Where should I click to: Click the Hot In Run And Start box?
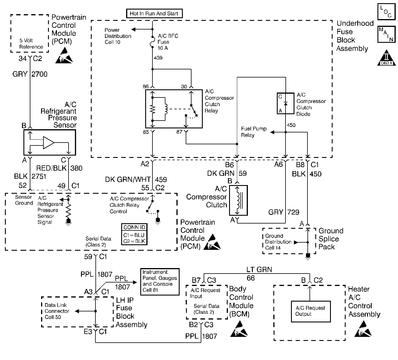(154, 13)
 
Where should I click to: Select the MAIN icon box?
(386, 34)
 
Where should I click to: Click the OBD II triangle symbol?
(386, 58)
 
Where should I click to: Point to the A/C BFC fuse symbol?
(152, 44)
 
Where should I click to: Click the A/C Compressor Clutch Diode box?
(285, 103)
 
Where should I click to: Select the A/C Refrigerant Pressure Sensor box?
(49, 142)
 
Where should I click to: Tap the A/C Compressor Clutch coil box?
(238, 200)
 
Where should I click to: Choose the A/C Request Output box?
(310, 311)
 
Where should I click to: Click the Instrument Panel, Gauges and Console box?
(160, 281)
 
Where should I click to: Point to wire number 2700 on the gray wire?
(39, 74)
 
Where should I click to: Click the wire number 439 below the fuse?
(158, 58)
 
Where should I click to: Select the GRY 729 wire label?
(283, 212)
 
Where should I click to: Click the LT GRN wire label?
(259, 270)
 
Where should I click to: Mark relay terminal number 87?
(179, 132)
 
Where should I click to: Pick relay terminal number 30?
(184, 86)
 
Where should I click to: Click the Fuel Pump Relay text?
(254, 132)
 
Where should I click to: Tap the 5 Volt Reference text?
(31, 44)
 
